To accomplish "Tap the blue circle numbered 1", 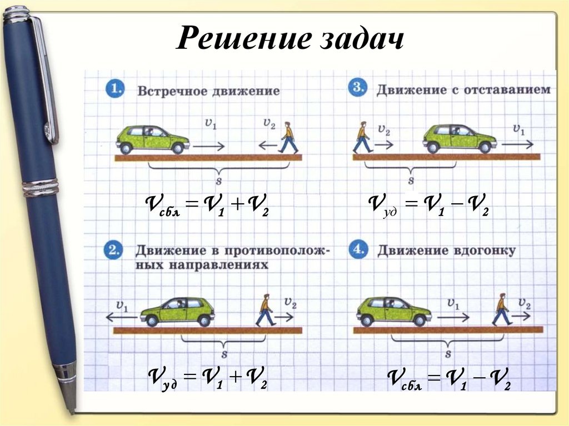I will pos(114,89).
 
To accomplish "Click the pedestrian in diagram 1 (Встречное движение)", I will pos(288,138).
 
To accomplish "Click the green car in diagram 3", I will pos(459,138).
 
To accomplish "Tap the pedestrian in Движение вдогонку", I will pos(502,309).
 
